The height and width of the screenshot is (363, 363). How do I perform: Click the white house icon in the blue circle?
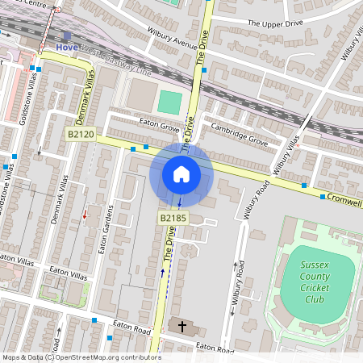(181, 173)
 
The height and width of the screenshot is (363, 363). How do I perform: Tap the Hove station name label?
(67, 48)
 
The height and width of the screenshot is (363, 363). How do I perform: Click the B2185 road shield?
(173, 218)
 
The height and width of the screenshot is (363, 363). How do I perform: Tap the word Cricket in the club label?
(316, 283)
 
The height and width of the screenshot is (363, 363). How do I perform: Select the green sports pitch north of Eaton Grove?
(169, 102)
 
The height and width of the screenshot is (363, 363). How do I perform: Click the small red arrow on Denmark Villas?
(84, 215)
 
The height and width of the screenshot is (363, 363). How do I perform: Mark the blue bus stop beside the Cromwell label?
(323, 197)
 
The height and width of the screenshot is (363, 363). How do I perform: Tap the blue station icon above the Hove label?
(67, 35)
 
